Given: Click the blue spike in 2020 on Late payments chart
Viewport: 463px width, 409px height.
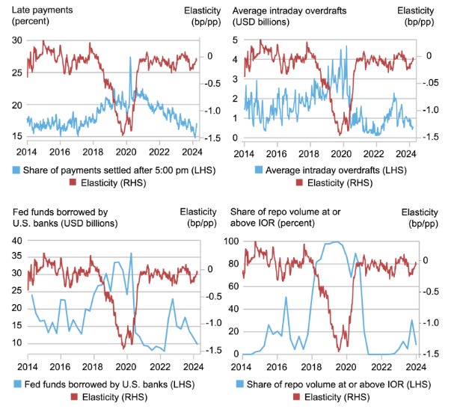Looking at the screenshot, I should pos(131,70).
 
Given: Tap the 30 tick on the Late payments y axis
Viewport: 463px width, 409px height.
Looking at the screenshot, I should pos(16,41).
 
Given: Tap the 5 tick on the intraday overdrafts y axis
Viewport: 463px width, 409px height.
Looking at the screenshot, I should pos(237,41).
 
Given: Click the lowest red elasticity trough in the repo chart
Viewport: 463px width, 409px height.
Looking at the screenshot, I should pos(339,348).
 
